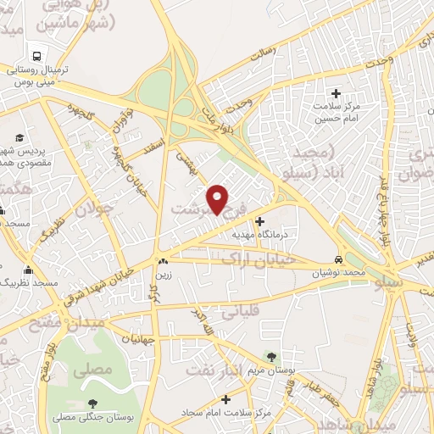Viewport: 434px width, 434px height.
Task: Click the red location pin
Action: coord(218,198)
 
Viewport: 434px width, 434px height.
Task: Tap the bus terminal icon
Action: coord(37,50)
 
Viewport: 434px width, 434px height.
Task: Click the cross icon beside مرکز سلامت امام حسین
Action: coord(336,93)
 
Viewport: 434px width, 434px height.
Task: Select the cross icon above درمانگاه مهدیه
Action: coord(259,221)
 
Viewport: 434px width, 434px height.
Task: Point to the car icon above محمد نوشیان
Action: coord(339,259)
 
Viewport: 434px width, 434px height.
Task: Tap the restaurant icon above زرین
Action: coord(162,261)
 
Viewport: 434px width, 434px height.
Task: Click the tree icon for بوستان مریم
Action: coord(270,357)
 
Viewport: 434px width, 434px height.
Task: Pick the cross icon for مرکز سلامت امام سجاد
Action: coord(225,398)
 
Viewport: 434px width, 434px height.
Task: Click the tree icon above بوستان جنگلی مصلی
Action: coord(92,403)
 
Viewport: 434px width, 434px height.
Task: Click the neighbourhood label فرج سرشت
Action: coord(208,209)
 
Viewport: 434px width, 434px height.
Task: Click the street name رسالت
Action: coord(264,53)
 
